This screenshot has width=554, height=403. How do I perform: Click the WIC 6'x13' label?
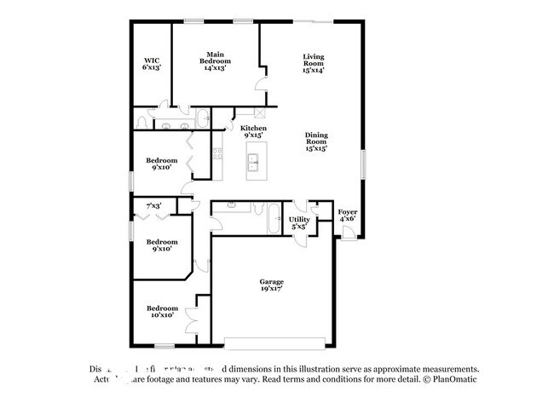pos(152,64)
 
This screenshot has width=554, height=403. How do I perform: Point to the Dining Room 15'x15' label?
pos(316,141)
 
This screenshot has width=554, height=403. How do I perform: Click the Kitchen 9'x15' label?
pos(253,131)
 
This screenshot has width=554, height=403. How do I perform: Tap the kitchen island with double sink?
pos(253,161)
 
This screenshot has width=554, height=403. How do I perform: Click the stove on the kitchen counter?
pos(217,154)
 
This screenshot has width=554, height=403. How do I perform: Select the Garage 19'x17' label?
pos(272,285)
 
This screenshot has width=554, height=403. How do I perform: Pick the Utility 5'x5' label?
pos(300,222)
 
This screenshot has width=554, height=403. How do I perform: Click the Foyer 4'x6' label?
pos(347,215)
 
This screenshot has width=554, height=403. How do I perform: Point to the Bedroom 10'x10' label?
pos(161,311)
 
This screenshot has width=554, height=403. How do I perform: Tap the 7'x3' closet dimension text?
pos(154,205)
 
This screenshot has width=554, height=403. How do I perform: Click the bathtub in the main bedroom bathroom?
pos(204,118)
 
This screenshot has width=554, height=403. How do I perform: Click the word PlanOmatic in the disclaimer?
pos(457,379)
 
